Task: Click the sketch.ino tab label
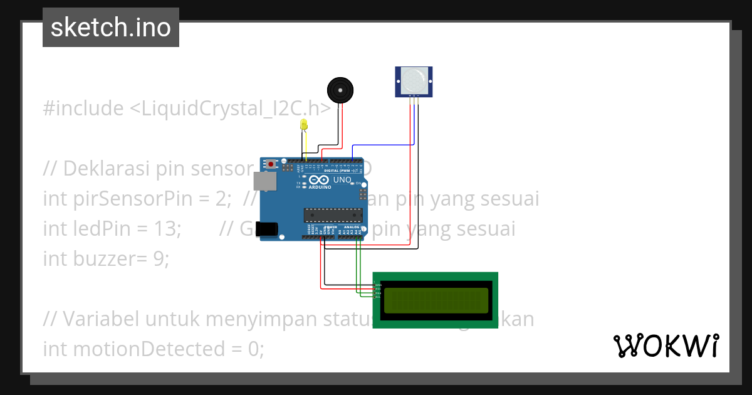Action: pos(110,28)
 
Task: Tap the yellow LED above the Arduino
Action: pos(304,124)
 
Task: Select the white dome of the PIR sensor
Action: pos(414,80)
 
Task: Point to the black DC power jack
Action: pos(269,229)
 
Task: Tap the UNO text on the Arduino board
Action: pos(342,180)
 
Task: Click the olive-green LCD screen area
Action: pos(436,300)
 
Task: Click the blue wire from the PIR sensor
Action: pos(382,145)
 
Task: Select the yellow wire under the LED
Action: pos(305,144)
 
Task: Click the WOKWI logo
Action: pos(666,346)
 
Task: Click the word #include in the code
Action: pos(83,108)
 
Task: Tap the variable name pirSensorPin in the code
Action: pos(131,199)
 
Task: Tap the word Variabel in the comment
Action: pos(101,319)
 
